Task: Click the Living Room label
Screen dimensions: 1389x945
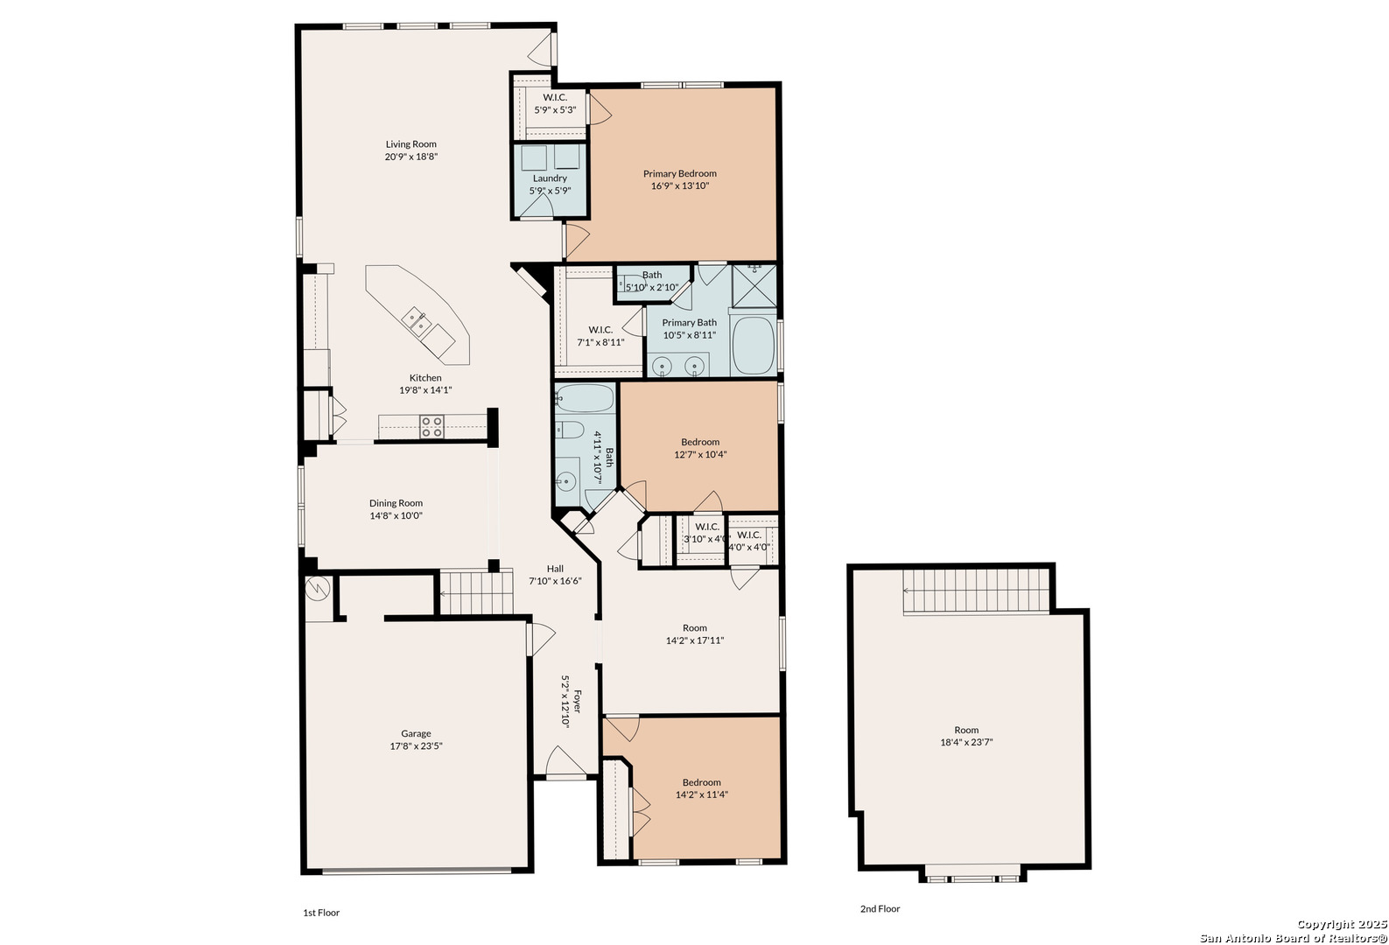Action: (x=410, y=144)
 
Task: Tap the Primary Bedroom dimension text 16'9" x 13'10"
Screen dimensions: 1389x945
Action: (x=679, y=186)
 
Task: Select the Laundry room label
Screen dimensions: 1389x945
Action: (x=550, y=178)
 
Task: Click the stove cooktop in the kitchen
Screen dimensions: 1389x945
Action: (x=431, y=427)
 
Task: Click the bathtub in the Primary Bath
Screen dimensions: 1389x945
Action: (x=754, y=345)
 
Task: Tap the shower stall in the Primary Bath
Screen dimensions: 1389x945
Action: (x=754, y=286)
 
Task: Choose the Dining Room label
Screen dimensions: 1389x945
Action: (x=396, y=503)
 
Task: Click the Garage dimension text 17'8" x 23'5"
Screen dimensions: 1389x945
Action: (x=416, y=746)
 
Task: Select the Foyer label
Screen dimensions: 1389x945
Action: (x=578, y=701)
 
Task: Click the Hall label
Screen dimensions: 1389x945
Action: (x=555, y=569)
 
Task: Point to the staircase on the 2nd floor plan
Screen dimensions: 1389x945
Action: (x=976, y=592)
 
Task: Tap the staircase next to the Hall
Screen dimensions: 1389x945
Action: (x=477, y=592)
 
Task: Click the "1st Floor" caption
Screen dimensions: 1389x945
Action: (x=321, y=913)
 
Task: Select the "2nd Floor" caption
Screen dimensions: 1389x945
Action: (x=880, y=909)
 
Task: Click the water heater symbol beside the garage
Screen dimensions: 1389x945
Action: (x=317, y=588)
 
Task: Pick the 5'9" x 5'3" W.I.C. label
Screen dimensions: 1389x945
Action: (x=555, y=104)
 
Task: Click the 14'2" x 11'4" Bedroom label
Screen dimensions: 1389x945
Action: (x=701, y=788)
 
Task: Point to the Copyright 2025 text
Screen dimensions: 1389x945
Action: (x=1341, y=925)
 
